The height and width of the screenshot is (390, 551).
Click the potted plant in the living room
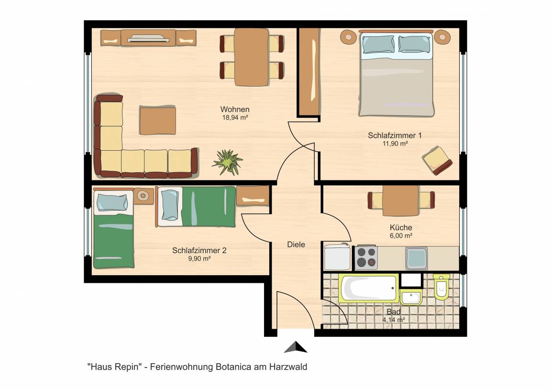pyautogui.click(x=227, y=162)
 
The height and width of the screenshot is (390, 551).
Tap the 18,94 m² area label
pyautogui.click(x=235, y=118)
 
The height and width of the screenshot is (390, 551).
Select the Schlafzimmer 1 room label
pyautogui.click(x=395, y=135)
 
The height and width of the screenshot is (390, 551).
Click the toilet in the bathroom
pyautogui.click(x=441, y=287)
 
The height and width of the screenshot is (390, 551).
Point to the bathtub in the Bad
pyautogui.click(x=369, y=288)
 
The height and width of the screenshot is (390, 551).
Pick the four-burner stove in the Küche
pyautogui.click(x=366, y=258)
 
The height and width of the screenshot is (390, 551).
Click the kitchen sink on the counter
pyautogui.click(x=417, y=258)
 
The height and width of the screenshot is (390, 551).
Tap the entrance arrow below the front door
pyautogui.click(x=296, y=347)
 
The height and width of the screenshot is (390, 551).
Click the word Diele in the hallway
pyautogui.click(x=296, y=245)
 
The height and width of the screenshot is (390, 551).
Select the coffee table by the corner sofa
pyautogui.click(x=158, y=121)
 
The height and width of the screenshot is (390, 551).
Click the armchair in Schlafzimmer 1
pyautogui.click(x=438, y=161)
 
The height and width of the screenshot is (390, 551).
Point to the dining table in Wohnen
pyautogui.click(x=252, y=57)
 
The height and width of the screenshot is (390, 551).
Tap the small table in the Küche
pyautogui.click(x=401, y=201)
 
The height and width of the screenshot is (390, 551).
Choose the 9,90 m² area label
pyautogui.click(x=199, y=259)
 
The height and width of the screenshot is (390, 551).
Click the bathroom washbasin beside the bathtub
pyautogui.click(x=411, y=298)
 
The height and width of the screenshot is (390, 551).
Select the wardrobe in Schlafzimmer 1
pyautogui.click(x=309, y=72)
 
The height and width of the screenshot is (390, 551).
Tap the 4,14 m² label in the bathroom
pyautogui.click(x=394, y=320)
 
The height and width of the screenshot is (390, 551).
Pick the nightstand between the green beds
pyautogui.click(x=143, y=196)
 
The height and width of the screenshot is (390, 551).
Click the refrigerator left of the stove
pyautogui.click(x=337, y=257)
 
